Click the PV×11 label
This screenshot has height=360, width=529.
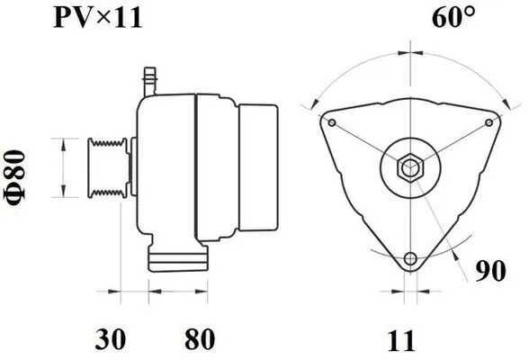click(x=97, y=18)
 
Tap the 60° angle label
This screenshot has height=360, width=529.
click(x=453, y=17)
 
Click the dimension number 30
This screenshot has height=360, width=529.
click(x=111, y=339)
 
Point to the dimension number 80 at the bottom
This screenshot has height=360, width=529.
click(x=200, y=339)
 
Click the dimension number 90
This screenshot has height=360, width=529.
click(x=491, y=271)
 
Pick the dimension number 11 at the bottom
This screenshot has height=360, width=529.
click(x=401, y=341)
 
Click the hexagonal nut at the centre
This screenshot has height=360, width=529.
click(x=410, y=167)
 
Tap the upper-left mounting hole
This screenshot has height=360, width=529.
click(x=332, y=122)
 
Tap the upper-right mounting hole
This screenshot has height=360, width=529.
click(x=489, y=122)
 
